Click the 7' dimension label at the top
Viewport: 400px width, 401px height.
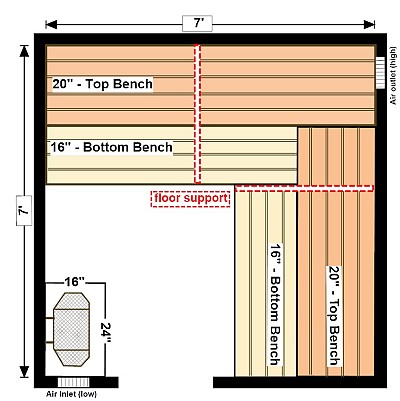[x=197, y=23]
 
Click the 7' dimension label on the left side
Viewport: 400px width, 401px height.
[x=24, y=210]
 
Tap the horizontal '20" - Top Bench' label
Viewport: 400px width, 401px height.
[x=102, y=84]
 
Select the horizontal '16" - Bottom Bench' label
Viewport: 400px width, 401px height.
[x=111, y=147]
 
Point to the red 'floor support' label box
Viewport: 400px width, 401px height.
[x=191, y=199]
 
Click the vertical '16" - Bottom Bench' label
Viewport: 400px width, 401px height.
[x=276, y=304]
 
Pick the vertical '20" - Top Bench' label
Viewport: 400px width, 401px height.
[x=335, y=316]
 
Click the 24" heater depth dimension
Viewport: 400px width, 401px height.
[x=106, y=334]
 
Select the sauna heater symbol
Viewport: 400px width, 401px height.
[x=71, y=329]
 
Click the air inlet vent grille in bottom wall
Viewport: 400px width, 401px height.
[x=73, y=382]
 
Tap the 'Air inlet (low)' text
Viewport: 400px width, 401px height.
[x=71, y=394]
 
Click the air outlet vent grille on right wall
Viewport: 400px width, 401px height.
[x=380, y=73]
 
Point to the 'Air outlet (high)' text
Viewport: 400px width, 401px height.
[x=394, y=76]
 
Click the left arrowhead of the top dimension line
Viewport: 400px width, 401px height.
[x=51, y=24]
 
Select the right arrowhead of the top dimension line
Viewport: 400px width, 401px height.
[x=369, y=24]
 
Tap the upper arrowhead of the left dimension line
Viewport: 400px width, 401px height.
[x=24, y=51]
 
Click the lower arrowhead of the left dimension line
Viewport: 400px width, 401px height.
[x=24, y=372]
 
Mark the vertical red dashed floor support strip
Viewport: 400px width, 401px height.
[x=198, y=114]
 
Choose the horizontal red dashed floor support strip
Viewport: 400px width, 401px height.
[x=304, y=188]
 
